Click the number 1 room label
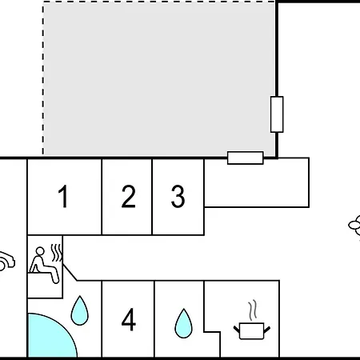(64, 196)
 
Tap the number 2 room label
(128, 196)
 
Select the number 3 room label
(178, 196)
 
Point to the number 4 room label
(129, 319)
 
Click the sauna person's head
(40, 251)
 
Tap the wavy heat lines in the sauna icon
(57, 253)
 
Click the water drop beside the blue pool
(79, 310)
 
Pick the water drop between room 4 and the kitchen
(183, 323)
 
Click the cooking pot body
(252, 331)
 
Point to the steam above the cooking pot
(253, 310)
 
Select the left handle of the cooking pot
(237, 330)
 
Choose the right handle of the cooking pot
(267, 330)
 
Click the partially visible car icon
(6, 262)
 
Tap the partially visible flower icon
(354, 226)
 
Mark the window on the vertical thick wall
(277, 114)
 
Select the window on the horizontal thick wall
(246, 158)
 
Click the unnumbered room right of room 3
(257, 182)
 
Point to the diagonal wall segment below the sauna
(70, 272)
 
